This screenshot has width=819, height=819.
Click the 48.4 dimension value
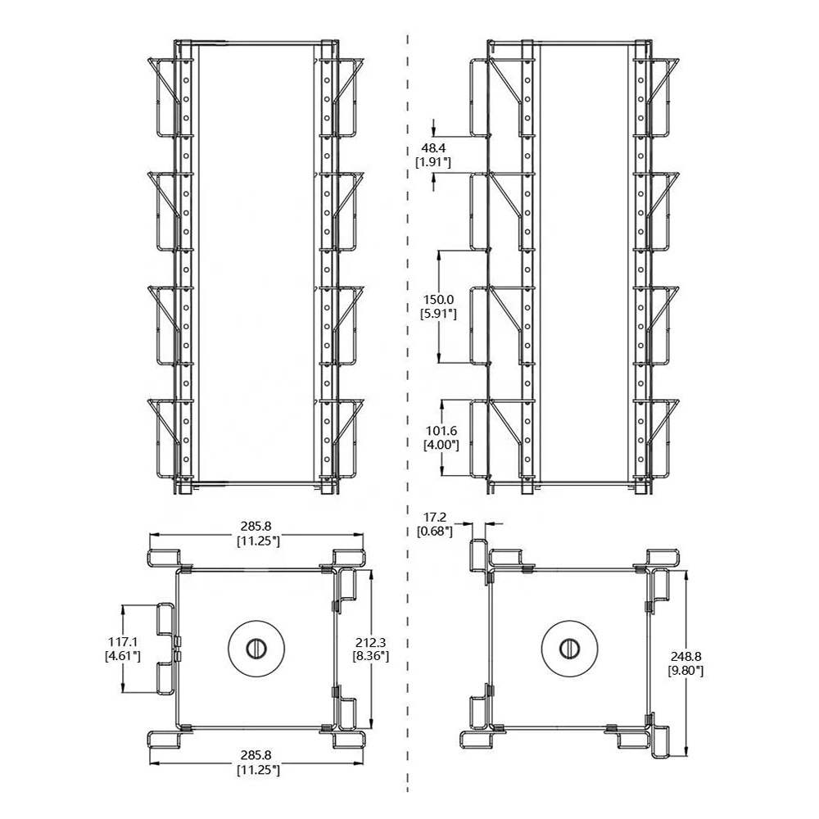pos(433,149)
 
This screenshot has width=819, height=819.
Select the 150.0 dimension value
pos(439,300)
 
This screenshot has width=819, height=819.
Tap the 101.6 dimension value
pos(442,431)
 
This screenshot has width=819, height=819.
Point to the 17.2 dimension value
pos(435,517)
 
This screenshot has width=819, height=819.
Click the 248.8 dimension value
pos(686,656)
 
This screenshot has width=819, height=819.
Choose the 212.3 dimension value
pos(371,641)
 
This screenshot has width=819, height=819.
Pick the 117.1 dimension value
pos(123,641)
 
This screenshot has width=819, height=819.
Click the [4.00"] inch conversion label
pos(442,446)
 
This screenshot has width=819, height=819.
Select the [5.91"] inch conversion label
pos(439,314)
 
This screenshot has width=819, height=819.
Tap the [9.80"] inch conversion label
pos(686,671)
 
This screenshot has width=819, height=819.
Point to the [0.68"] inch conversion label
pos(435,532)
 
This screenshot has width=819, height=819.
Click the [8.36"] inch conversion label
pos(371,656)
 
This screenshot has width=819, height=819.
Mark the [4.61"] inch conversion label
pos(123,656)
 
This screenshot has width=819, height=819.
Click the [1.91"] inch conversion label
pos(433,163)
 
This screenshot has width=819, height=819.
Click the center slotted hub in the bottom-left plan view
pos(256,649)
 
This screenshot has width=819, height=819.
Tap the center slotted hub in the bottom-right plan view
pos(569,649)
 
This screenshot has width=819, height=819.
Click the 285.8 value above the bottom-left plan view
pos(256,526)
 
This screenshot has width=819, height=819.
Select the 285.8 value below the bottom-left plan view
pos(256,755)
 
